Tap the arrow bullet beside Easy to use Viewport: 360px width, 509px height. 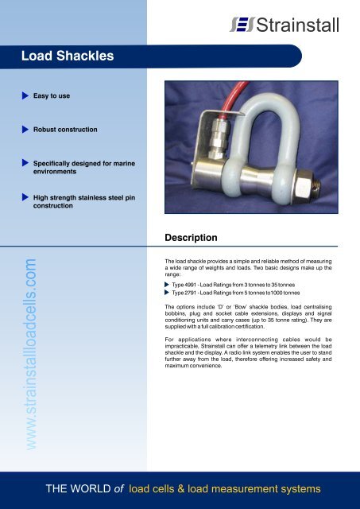[25, 95]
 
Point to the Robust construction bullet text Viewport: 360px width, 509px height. [65, 128]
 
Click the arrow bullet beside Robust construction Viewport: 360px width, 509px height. [25, 127]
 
